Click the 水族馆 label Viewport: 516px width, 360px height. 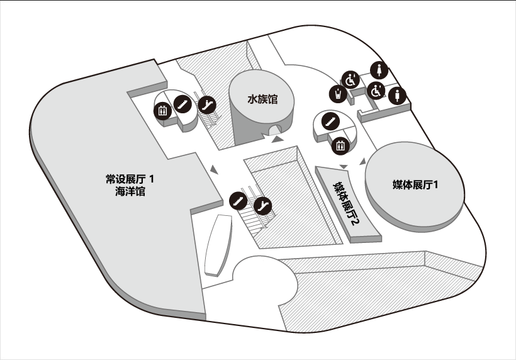[262, 99]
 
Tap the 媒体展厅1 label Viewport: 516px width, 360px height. [415, 184]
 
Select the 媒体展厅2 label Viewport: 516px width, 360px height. [346, 203]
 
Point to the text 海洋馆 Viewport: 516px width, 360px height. [130, 191]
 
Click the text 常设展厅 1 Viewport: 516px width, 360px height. [130, 179]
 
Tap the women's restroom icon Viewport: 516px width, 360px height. [379, 70]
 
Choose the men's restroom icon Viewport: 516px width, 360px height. [397, 96]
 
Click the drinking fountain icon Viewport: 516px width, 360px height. [338, 94]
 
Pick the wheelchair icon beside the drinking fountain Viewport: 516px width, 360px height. [350, 80]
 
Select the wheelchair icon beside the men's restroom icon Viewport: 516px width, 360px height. [376, 91]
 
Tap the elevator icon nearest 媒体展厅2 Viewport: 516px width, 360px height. [340, 145]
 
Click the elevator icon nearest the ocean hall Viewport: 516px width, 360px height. [162, 111]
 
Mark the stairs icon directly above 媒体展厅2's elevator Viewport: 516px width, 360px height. [330, 121]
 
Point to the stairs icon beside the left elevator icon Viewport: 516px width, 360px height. [182, 104]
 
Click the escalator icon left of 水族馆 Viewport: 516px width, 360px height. [207, 105]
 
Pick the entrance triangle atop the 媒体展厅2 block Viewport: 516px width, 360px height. [344, 167]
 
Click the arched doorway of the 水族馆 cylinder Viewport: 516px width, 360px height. [276, 130]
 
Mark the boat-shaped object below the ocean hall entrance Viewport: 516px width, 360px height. [218, 245]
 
